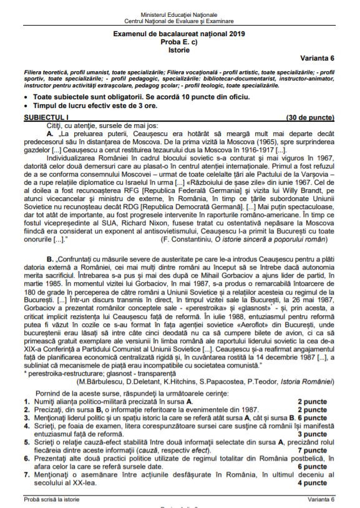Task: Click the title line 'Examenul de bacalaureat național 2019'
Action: point(179,34)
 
